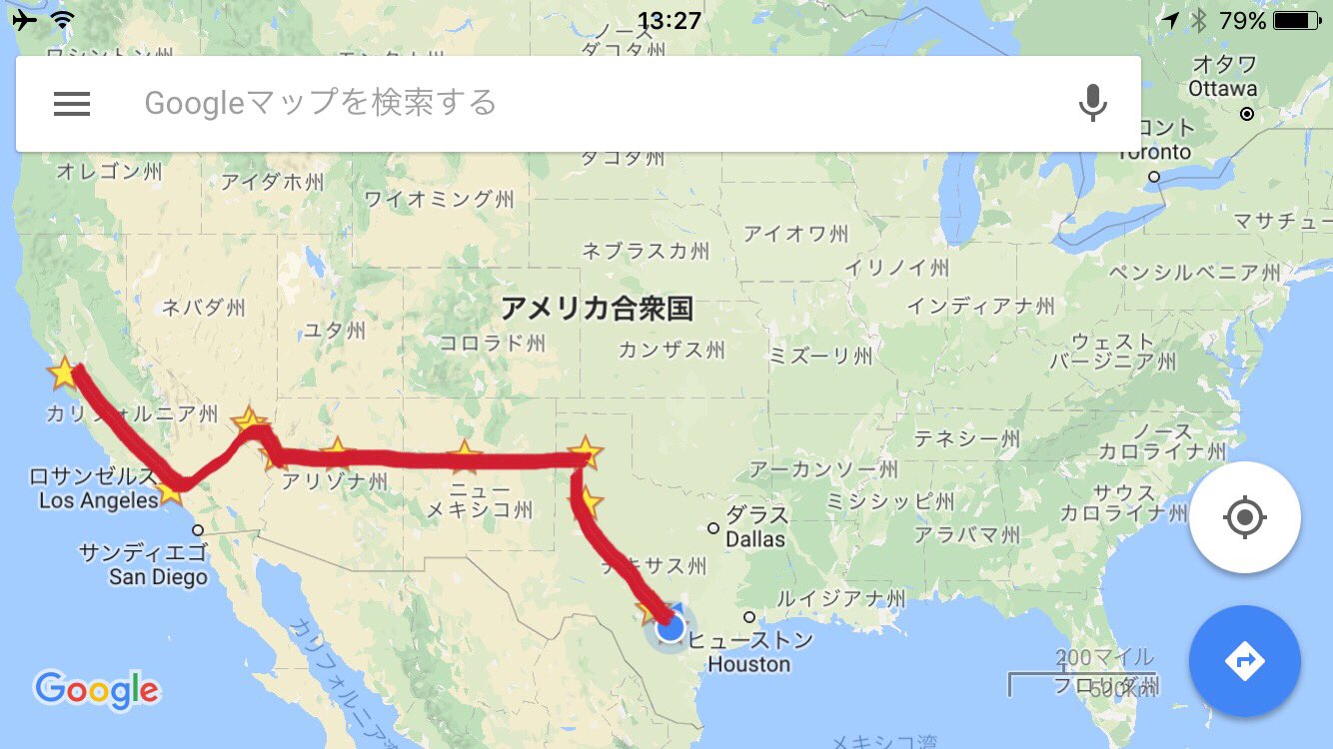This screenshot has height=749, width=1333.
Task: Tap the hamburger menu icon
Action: pyautogui.click(x=72, y=104)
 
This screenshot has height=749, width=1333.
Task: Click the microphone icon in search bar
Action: pyautogui.click(x=1093, y=103)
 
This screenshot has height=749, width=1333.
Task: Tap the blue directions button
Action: pyautogui.click(x=1244, y=660)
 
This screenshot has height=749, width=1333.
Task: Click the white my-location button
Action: pyautogui.click(x=1244, y=517)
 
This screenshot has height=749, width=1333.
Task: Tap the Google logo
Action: pyautogui.click(x=96, y=688)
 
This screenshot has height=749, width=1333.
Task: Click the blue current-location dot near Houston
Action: pyautogui.click(x=670, y=628)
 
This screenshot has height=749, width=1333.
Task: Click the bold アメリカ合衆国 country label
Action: pyautogui.click(x=597, y=309)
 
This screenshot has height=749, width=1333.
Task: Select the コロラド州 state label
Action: pyautogui.click(x=493, y=344)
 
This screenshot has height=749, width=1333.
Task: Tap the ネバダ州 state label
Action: pyautogui.click(x=203, y=307)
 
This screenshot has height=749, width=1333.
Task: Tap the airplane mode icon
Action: pyautogui.click(x=24, y=20)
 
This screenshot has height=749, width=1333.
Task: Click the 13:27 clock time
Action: pyautogui.click(x=668, y=20)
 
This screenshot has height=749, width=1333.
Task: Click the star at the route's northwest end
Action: pyautogui.click(x=63, y=374)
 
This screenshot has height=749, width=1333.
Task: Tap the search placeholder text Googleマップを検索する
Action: pyautogui.click(x=320, y=103)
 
